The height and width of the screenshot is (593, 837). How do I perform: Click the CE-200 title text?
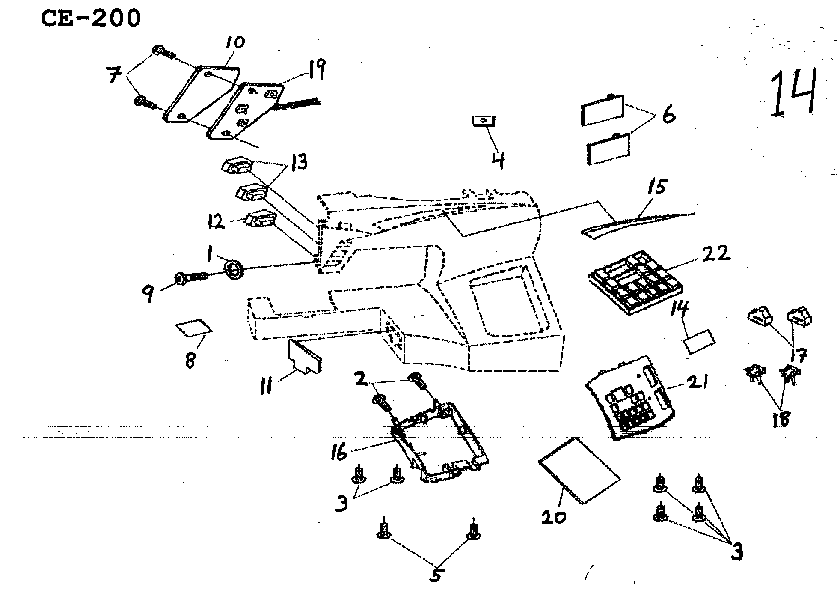tap(90, 19)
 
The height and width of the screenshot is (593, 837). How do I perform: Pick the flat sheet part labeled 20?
tap(579, 470)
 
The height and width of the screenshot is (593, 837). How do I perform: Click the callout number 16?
tap(340, 452)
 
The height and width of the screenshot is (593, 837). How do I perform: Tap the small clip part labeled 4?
tap(484, 121)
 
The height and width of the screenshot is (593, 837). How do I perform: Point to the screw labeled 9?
tap(191, 279)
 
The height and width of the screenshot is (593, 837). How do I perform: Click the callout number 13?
tap(298, 163)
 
